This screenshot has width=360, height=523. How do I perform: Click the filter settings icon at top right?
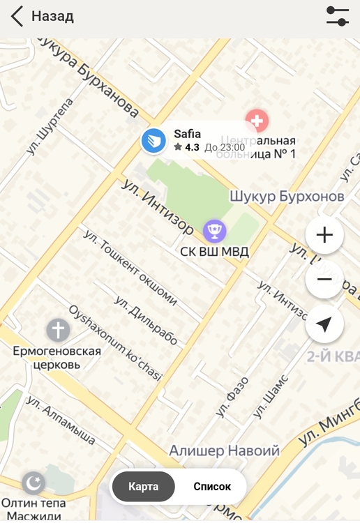click(338, 16)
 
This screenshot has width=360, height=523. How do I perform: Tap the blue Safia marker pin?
click(153, 141)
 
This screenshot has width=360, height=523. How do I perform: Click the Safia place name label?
click(187, 134)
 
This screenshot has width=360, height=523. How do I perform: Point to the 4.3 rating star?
click(178, 147)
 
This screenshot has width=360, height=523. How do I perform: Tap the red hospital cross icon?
click(258, 121)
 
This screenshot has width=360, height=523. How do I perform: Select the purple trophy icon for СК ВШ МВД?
click(215, 230)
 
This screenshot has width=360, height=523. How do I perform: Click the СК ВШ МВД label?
click(214, 251)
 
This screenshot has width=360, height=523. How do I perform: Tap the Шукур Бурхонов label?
click(287, 197)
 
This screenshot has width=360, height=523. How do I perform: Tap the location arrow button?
click(324, 324)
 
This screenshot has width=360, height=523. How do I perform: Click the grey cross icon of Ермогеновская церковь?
click(58, 330)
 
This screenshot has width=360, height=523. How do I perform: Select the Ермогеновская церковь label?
click(57, 357)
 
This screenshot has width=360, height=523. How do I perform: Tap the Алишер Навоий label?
click(224, 450)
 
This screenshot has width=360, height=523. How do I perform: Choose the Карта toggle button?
click(143, 487)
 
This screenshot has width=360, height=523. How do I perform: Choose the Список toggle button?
click(211, 487)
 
